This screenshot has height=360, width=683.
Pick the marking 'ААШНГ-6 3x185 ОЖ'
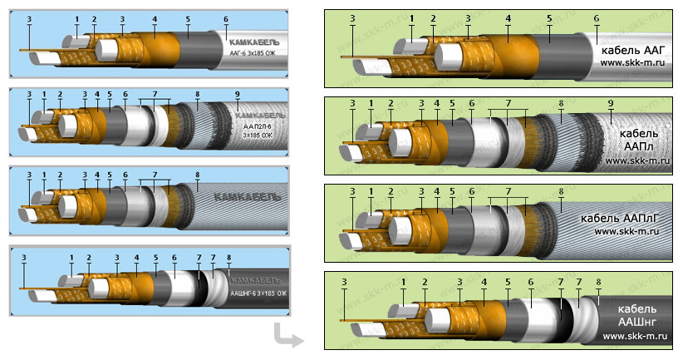click(258, 293)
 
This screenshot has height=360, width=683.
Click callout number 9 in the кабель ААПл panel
click(611, 102)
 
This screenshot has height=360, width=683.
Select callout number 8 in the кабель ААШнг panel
click(598, 282)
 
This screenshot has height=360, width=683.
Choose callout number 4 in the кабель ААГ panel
click(508, 17)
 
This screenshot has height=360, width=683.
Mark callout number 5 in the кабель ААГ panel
click(549, 17)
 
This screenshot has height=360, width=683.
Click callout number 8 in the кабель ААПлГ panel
click(562, 192)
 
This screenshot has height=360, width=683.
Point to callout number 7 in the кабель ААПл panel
click(508, 102)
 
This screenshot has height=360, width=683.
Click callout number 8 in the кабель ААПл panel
click(562, 102)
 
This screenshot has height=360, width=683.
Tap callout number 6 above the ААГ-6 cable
click(225, 18)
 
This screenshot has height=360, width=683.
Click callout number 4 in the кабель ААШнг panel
click(484, 282)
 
